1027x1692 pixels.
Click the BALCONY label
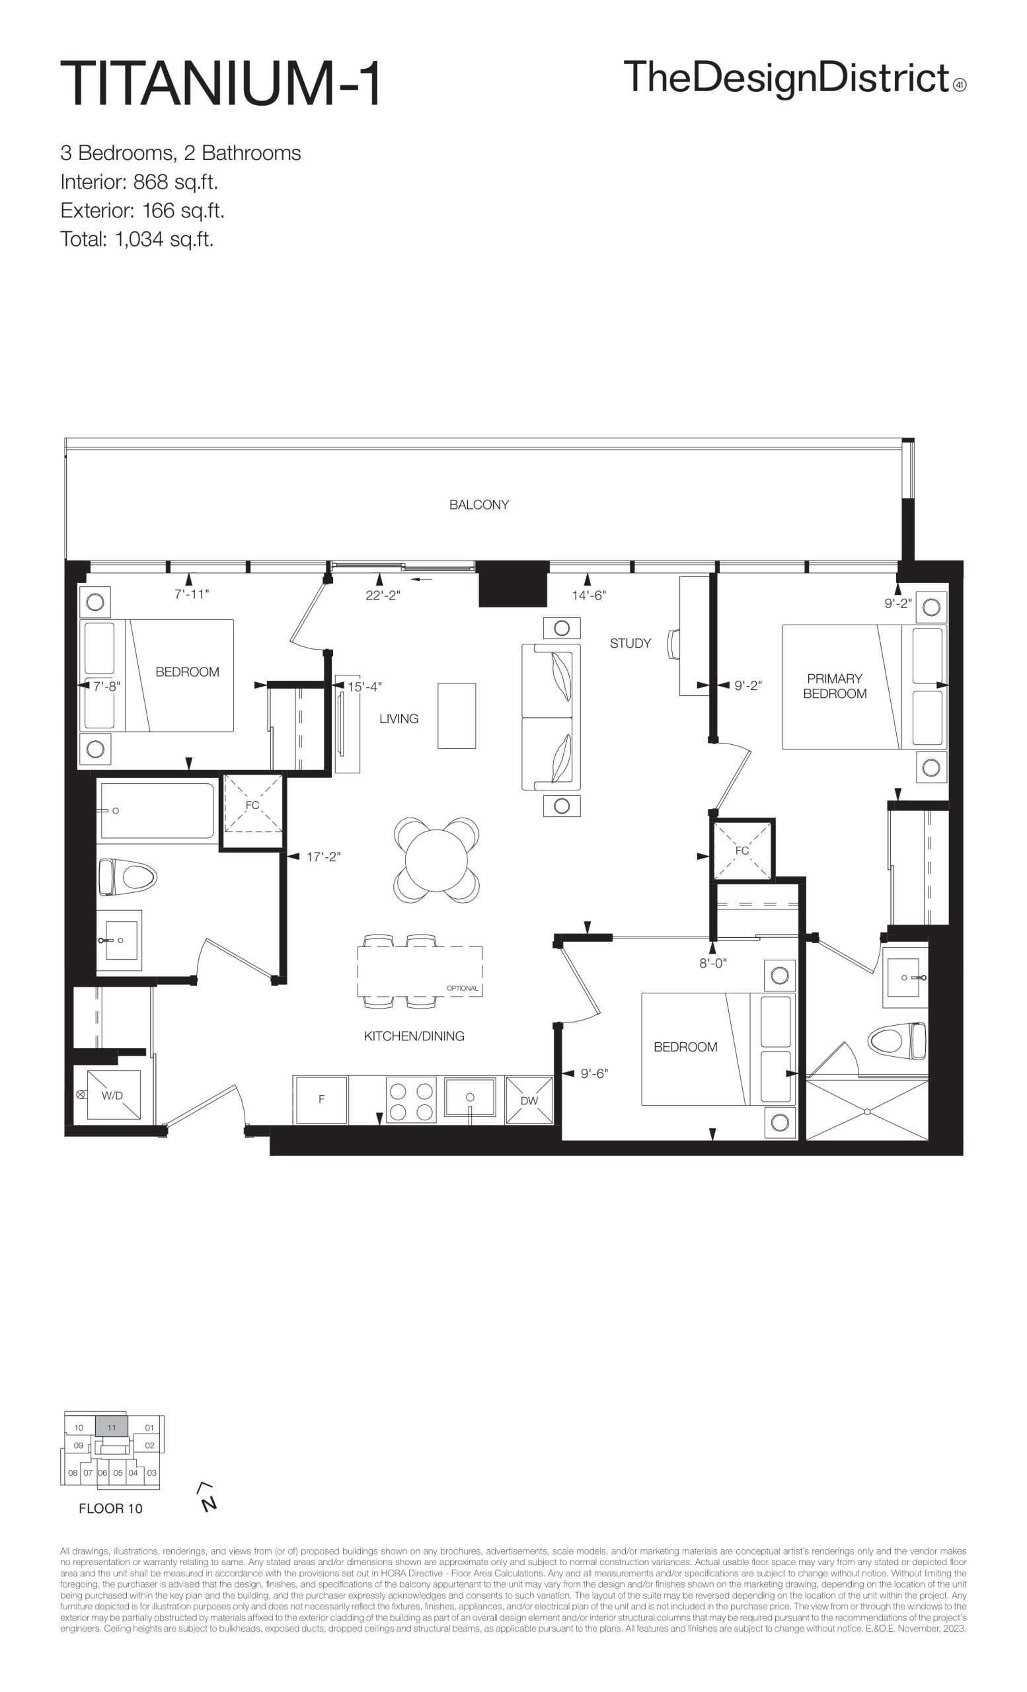(478, 505)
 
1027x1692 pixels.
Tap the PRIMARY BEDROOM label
(834, 686)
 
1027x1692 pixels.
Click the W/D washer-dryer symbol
(112, 1095)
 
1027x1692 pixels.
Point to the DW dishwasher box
(529, 1100)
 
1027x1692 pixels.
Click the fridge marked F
(321, 1099)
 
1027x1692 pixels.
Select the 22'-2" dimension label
(383, 596)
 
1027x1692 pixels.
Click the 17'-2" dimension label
(323, 857)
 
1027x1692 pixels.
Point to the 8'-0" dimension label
(712, 964)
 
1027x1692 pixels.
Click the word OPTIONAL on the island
(462, 989)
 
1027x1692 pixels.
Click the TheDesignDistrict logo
(795, 77)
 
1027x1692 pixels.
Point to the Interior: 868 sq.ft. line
(139, 182)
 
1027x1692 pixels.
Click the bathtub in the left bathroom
(157, 811)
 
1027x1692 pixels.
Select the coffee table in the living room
(457, 716)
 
